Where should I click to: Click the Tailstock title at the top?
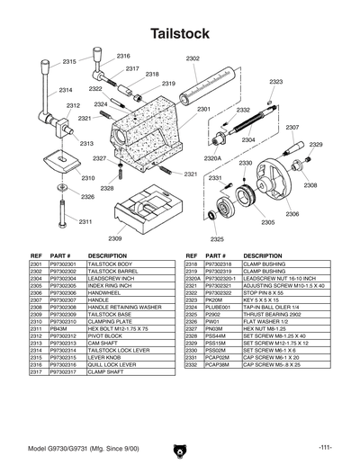tap(180, 33)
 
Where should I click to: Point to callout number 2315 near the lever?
tap(69, 61)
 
